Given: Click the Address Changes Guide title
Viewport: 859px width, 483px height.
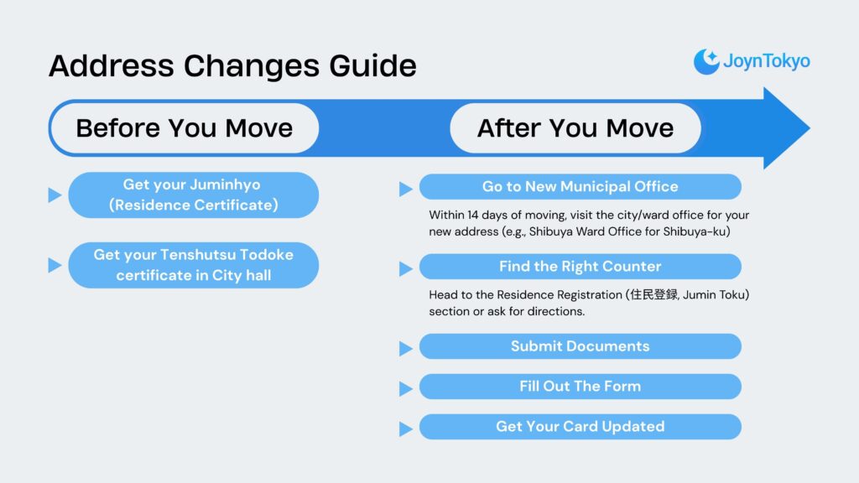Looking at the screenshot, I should tap(232, 65).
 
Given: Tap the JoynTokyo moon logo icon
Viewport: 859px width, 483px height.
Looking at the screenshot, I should tap(706, 61).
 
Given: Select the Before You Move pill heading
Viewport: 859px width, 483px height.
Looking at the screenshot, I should tap(185, 128).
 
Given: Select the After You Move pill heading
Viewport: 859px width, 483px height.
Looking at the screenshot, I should tap(575, 128).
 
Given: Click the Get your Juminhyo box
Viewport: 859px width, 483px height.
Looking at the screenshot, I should tap(193, 195).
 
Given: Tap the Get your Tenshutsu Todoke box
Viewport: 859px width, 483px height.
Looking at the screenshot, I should tap(193, 265).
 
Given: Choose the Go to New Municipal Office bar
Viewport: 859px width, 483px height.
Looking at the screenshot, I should tap(580, 186).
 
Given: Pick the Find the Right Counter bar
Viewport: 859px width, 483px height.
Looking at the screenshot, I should tap(580, 267).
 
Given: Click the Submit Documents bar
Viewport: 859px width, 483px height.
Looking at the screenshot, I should tap(580, 346).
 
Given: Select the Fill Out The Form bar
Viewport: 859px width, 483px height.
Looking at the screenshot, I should tap(580, 387).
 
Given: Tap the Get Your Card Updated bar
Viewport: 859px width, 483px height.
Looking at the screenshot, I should tap(580, 427).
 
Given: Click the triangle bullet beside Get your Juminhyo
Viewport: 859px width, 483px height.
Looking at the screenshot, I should tap(55, 195).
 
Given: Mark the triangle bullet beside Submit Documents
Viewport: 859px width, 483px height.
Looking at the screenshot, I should tap(406, 348).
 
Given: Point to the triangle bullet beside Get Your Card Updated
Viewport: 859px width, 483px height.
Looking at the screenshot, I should tap(406, 428).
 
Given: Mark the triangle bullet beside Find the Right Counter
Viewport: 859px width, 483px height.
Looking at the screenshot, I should tap(406, 268).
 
